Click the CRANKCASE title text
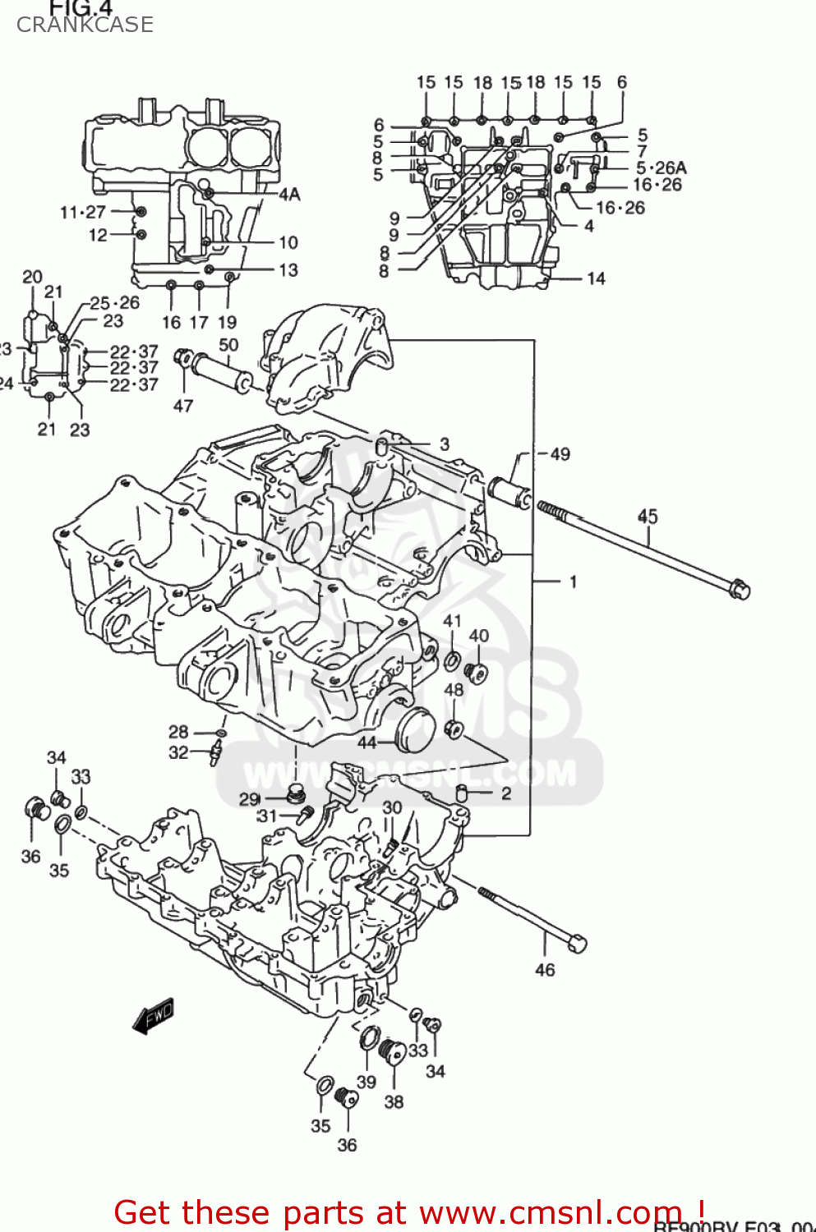click(85, 25)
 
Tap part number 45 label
click(648, 516)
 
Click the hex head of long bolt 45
click(739, 589)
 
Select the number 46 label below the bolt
click(545, 970)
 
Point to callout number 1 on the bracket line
click(573, 582)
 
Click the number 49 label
click(560, 454)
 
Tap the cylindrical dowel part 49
click(509, 492)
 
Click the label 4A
click(289, 195)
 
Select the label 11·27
click(83, 213)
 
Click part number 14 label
click(596, 278)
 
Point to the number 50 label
click(228, 345)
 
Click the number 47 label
click(183, 405)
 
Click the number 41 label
click(452, 622)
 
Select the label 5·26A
click(661, 168)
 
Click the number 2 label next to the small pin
click(506, 793)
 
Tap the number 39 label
click(367, 1082)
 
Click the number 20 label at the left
click(32, 277)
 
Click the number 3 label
click(445, 444)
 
